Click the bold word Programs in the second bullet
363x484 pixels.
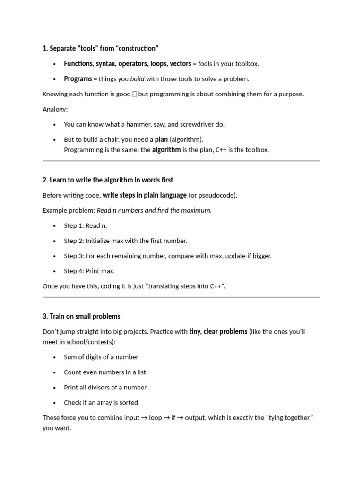click(78, 79)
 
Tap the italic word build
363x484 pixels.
click(138, 79)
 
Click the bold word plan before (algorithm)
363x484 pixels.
click(161, 139)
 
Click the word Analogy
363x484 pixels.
click(55, 109)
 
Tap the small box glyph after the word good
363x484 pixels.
click(134, 94)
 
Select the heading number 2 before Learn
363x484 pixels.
click(45, 180)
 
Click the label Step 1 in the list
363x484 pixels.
click(74, 225)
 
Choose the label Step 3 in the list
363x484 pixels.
click(74, 256)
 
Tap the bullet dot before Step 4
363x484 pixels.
click(54, 271)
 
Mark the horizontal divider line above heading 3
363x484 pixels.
click(181, 297)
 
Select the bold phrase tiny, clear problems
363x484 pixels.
click(218, 331)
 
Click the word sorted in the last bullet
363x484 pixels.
click(128, 402)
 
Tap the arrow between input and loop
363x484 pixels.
click(144, 418)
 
